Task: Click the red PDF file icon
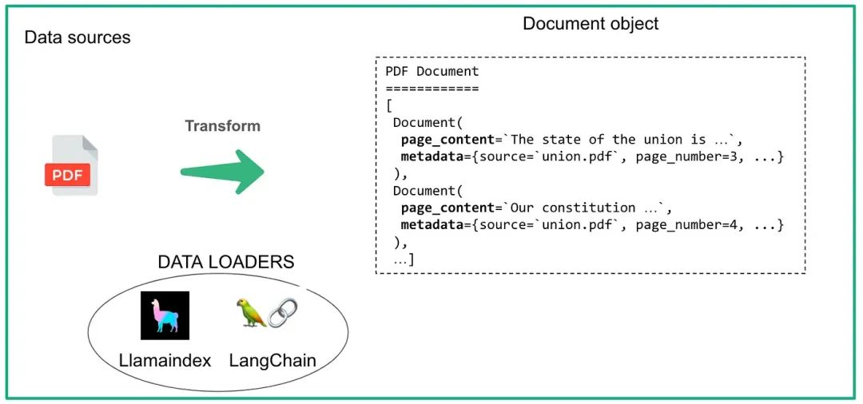point(71,165)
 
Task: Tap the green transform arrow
point(222,170)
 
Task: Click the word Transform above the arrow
point(222,126)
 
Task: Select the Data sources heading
point(78,38)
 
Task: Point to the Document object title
point(591,24)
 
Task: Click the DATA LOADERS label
point(226,262)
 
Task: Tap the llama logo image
point(165,316)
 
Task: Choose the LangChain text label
point(272,361)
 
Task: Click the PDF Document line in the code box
point(432,71)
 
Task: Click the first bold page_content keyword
point(447,140)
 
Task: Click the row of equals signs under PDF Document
point(432,88)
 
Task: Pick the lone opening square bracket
point(388,105)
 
